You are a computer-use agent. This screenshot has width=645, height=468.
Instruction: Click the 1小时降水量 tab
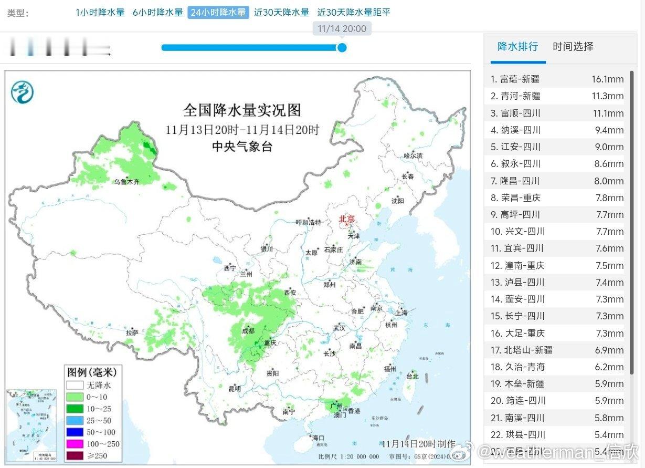click(100, 12)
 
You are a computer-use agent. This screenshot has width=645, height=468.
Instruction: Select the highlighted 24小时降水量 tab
click(218, 12)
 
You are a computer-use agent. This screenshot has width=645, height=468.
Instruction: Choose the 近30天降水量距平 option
click(354, 12)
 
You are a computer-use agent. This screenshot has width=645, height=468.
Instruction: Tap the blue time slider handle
click(342, 48)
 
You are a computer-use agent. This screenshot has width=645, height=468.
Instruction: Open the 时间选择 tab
click(573, 46)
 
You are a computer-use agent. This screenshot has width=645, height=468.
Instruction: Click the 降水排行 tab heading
click(517, 46)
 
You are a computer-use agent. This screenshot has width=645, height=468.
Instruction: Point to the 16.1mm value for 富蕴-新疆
click(607, 79)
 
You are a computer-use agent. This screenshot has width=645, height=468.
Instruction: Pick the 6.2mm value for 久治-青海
click(609, 367)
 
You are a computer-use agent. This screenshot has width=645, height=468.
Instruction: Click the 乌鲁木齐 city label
click(127, 182)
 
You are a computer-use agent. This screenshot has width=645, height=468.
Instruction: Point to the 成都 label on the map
click(248, 331)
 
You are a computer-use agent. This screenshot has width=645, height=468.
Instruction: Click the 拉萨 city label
click(132, 332)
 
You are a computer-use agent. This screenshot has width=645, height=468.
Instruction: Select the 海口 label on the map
click(319, 438)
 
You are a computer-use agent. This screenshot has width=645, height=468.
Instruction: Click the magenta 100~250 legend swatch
click(75, 444)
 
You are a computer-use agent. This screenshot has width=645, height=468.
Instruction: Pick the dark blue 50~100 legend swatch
click(75, 432)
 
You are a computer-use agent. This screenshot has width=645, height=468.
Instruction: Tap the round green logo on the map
click(23, 92)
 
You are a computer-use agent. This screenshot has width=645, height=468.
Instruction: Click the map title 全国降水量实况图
click(242, 110)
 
